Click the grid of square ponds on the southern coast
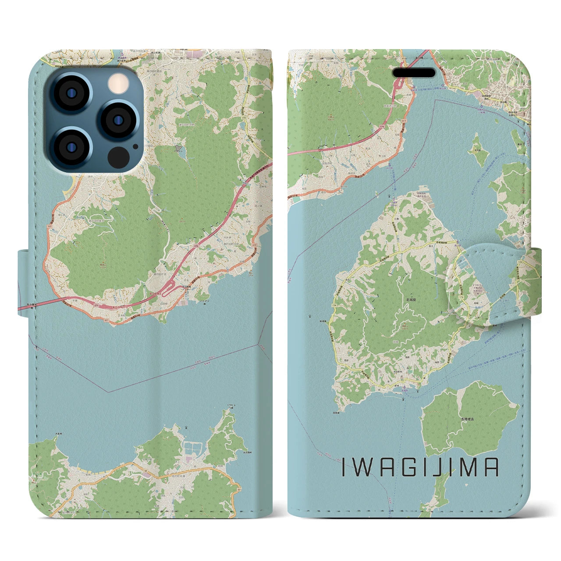[192, 448]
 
